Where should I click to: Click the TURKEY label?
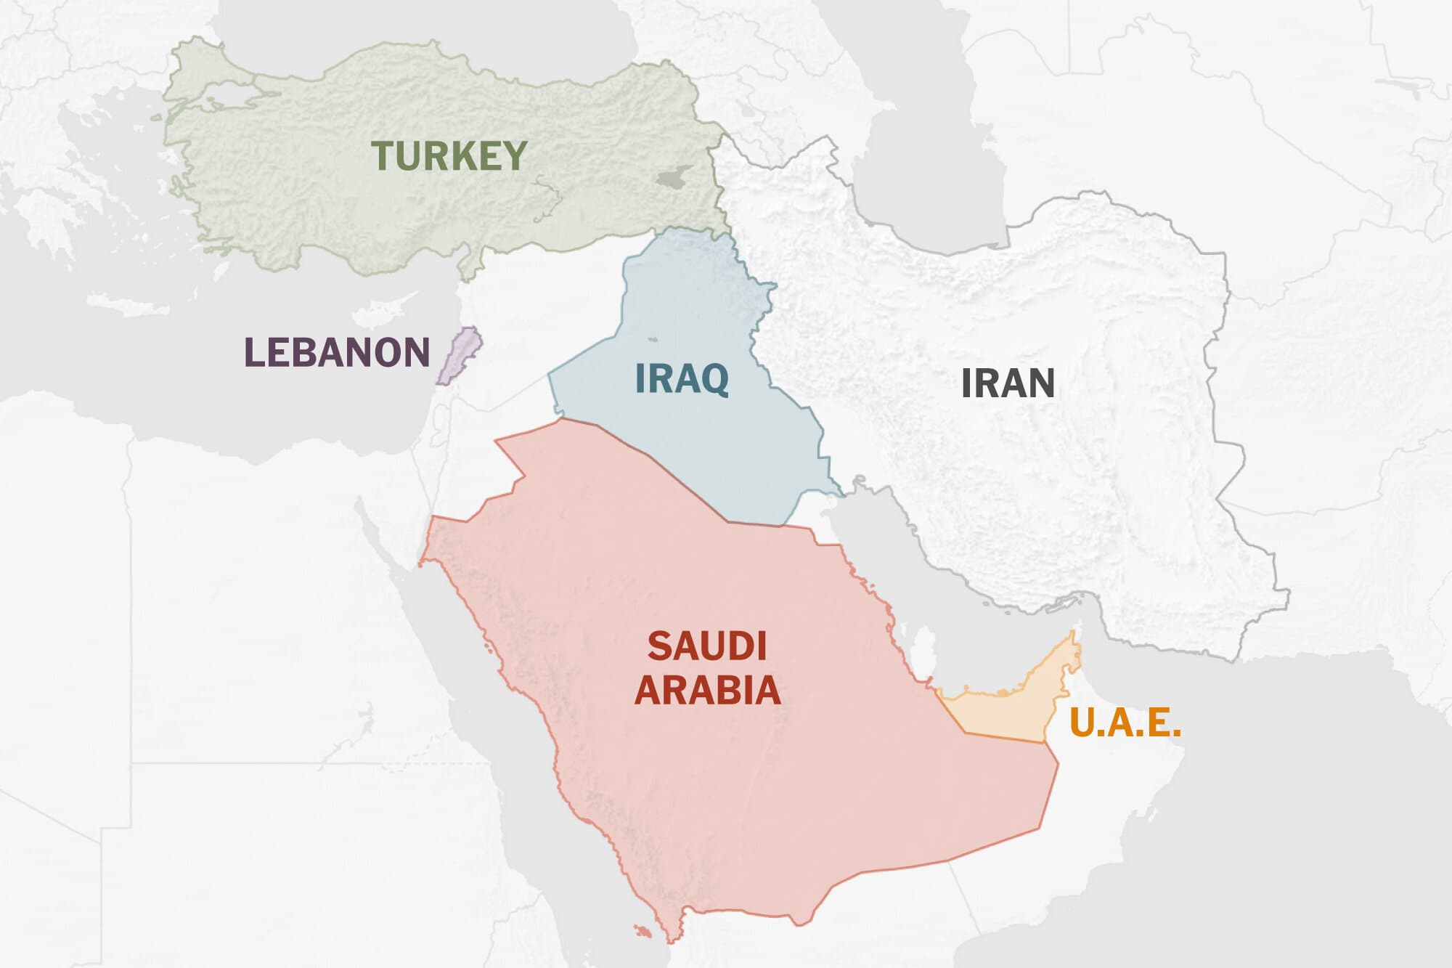tap(449, 155)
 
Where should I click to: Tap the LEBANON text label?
tap(337, 352)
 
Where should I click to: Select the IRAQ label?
tap(682, 378)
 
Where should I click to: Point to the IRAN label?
tap(1008, 383)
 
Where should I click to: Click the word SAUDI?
tap(706, 646)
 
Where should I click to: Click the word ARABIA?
tap(708, 690)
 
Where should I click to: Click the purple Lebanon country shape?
tap(460, 354)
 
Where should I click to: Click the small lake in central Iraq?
tap(652, 339)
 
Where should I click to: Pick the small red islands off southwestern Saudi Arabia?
tap(642, 930)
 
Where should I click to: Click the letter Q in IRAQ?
tap(714, 380)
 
